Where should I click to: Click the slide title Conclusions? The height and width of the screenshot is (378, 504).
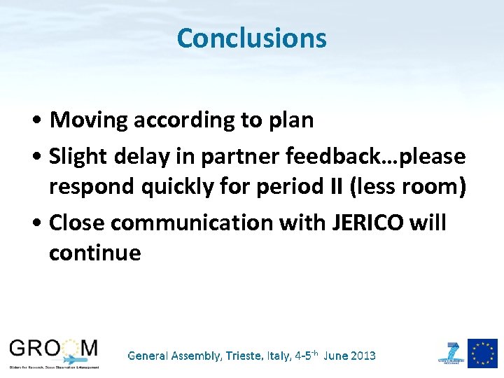pos(251,38)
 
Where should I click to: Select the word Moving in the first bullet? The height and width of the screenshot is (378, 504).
pos(90,120)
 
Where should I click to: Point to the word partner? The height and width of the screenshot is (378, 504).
pos(232,157)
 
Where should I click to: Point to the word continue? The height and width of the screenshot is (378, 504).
pos(94,252)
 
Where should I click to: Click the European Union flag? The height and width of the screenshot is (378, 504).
pos(483,353)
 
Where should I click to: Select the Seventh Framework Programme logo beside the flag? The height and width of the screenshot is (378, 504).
pos(451,352)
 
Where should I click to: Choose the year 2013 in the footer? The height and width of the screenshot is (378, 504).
pos(362,356)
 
